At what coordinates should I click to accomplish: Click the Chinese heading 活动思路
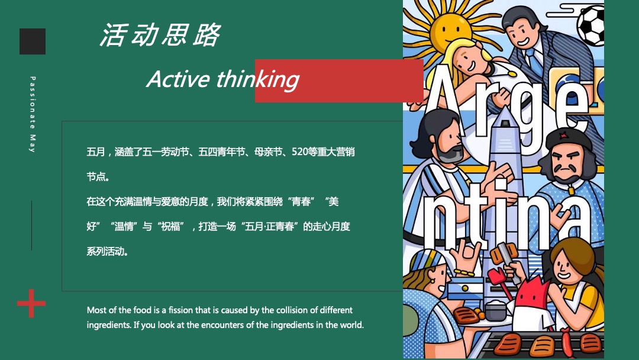click(x=160, y=36)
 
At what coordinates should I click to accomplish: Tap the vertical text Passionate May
click(x=33, y=114)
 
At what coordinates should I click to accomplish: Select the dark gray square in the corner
click(x=33, y=41)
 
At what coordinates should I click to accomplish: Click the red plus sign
click(x=31, y=304)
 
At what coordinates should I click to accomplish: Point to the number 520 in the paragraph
click(x=300, y=152)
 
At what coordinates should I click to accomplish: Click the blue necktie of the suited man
click(x=535, y=59)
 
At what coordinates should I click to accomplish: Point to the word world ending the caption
click(x=351, y=325)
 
